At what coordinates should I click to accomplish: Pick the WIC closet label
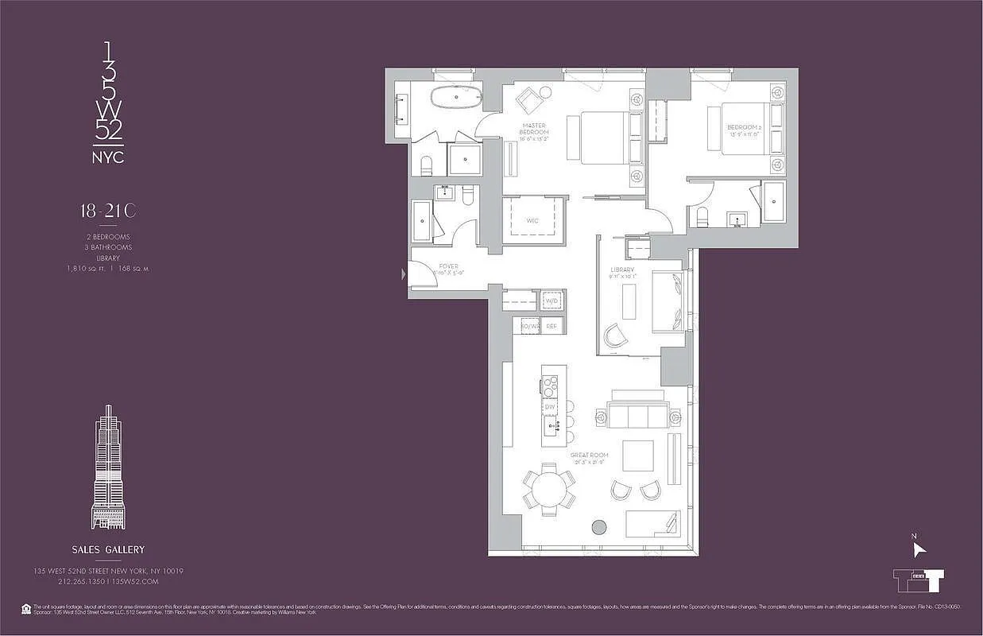click(532, 220)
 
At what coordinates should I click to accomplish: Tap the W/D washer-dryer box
click(551, 302)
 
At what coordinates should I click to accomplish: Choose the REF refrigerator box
click(551, 327)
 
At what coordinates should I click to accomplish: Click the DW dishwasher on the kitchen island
click(550, 407)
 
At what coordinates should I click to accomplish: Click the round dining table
click(549, 490)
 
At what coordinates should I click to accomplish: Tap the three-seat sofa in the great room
click(638, 416)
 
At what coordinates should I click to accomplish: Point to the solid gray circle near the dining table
click(599, 526)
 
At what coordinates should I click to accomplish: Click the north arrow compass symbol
click(918, 549)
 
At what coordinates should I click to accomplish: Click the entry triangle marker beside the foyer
click(404, 274)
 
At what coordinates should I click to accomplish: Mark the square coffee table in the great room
click(637, 456)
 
